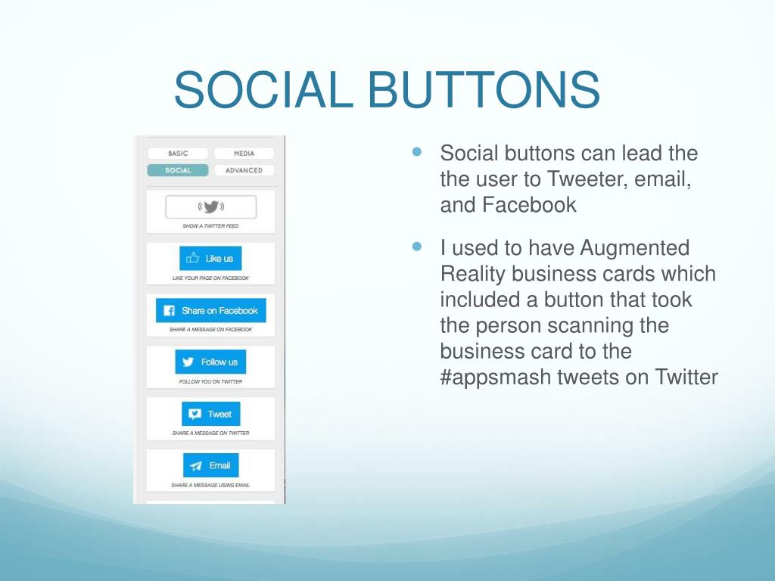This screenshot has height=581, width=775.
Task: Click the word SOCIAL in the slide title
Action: tap(264, 89)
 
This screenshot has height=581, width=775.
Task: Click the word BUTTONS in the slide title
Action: tap(484, 89)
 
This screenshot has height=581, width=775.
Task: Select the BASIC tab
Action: tap(178, 154)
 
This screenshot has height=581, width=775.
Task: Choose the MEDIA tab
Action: tap(244, 154)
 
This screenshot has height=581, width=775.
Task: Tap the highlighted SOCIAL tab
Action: tap(178, 170)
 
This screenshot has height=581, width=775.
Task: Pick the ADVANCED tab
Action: tap(244, 170)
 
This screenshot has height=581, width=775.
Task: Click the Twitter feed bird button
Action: tap(211, 207)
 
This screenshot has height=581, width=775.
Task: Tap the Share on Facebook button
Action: tap(211, 310)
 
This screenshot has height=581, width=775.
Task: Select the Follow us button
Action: tap(210, 362)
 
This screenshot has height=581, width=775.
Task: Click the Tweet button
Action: tap(211, 414)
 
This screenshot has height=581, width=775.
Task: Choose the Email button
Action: tap(211, 465)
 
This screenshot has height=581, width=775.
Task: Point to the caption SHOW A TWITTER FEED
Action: tap(210, 226)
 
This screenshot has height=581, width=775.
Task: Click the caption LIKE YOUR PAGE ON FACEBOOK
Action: tap(210, 278)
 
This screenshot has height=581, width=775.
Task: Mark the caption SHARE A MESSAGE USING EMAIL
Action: tap(210, 485)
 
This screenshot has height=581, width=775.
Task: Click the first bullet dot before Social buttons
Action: tap(417, 151)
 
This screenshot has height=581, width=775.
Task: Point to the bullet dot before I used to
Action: tap(417, 246)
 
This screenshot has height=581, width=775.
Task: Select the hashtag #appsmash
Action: tap(495, 377)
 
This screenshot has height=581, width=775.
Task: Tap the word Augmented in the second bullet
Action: tap(634, 248)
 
